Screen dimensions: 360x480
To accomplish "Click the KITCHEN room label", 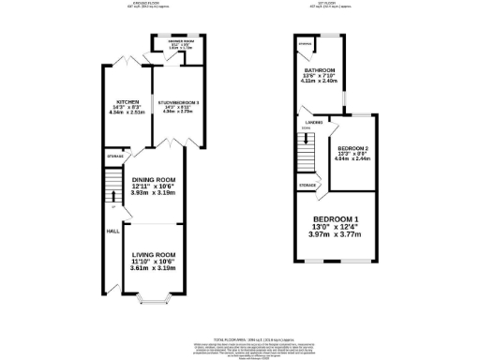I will [127, 101].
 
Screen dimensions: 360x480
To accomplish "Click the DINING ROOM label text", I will [153, 180].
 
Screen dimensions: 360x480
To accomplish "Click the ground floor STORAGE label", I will [114, 156].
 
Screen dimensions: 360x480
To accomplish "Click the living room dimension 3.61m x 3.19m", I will [152, 269].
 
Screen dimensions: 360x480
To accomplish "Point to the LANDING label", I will [314, 121].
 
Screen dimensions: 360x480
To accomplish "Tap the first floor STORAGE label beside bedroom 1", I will [307, 186].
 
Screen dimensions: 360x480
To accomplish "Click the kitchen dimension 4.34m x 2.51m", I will [127, 114].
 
